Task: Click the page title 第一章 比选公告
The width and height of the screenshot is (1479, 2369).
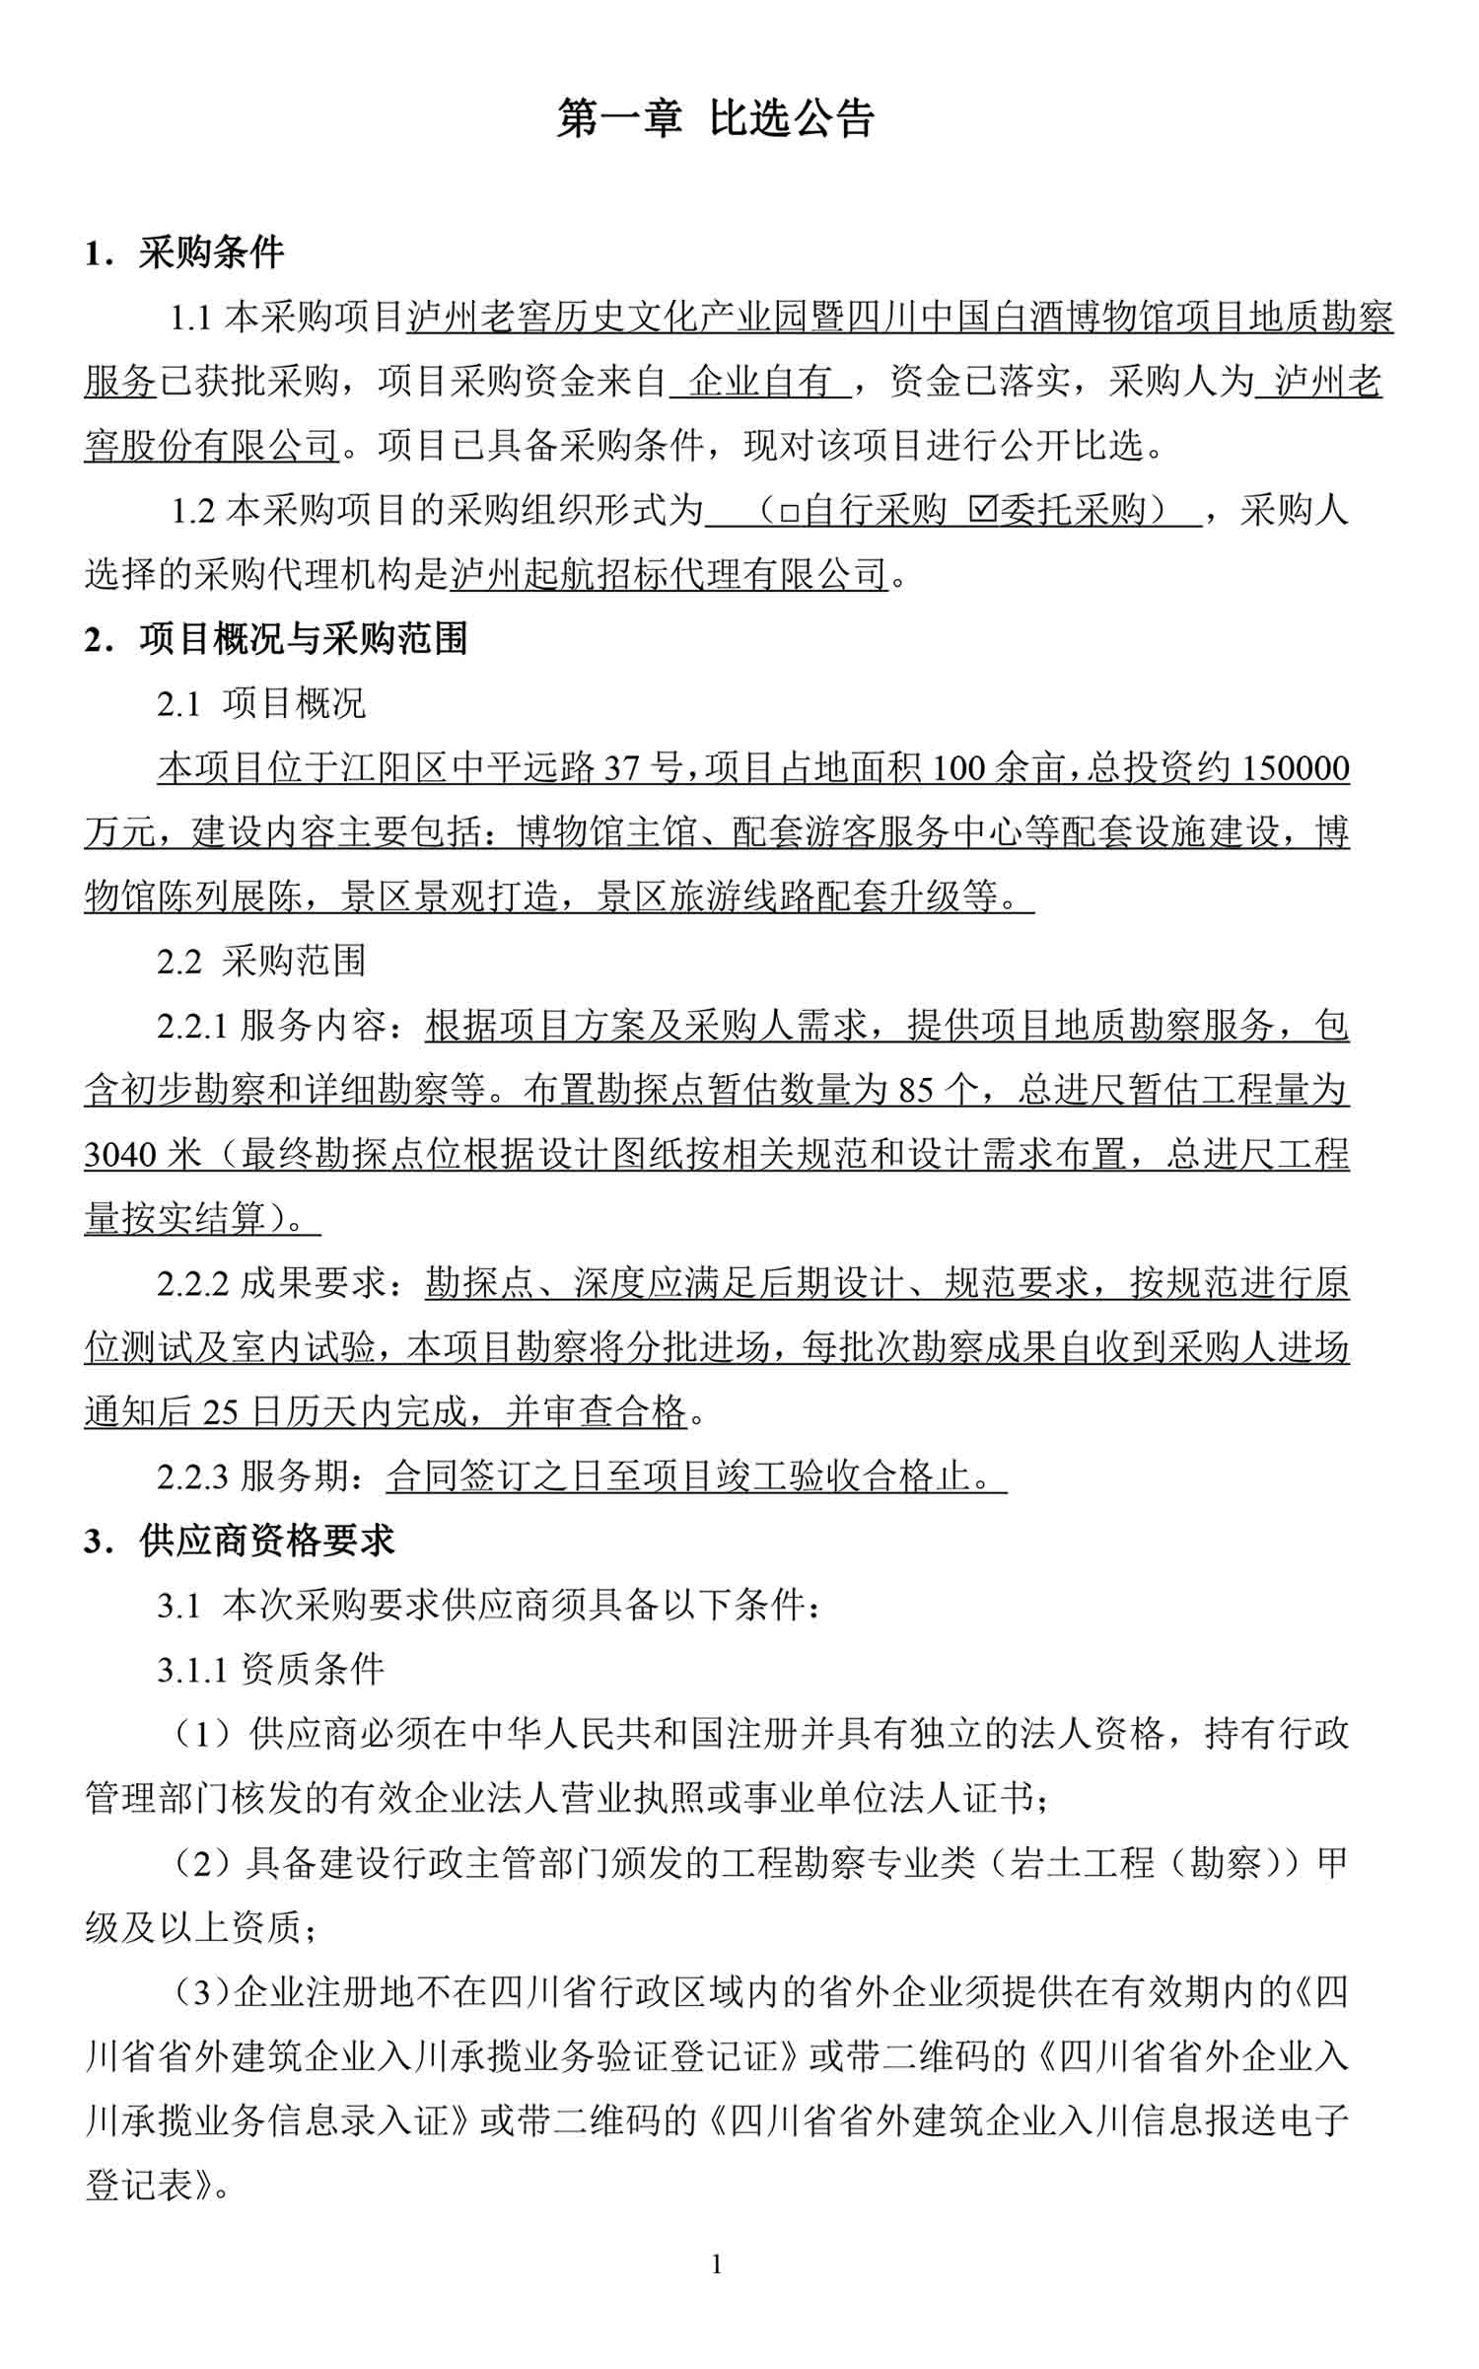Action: pyautogui.click(x=715, y=118)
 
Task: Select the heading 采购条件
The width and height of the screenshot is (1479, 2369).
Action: pyautogui.click(x=211, y=253)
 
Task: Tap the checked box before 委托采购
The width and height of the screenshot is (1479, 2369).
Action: pyautogui.click(x=982, y=510)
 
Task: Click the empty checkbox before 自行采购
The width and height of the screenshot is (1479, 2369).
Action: pyautogui.click(x=789, y=512)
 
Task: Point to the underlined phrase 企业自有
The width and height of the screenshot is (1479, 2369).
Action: pyautogui.click(x=761, y=382)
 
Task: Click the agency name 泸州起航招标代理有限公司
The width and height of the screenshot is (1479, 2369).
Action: pyautogui.click(x=670, y=574)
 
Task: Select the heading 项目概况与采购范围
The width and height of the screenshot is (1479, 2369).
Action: pyautogui.click(x=303, y=639)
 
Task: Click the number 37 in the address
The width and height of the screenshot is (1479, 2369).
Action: pyautogui.click(x=621, y=768)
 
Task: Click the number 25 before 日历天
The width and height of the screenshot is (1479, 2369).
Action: pyautogui.click(x=221, y=1413)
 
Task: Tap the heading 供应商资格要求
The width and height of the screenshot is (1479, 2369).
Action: pyautogui.click(x=267, y=1541)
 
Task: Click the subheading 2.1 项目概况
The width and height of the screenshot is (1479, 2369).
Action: pyautogui.click(x=261, y=704)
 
